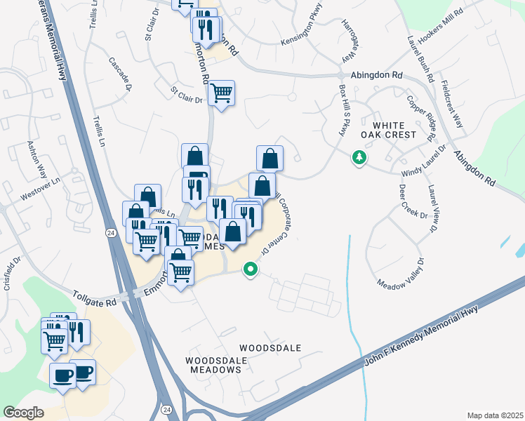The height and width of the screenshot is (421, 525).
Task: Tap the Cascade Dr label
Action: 120,74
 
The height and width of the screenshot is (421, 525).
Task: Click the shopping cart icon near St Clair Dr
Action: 222,93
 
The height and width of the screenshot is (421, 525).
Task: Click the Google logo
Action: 23,413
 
